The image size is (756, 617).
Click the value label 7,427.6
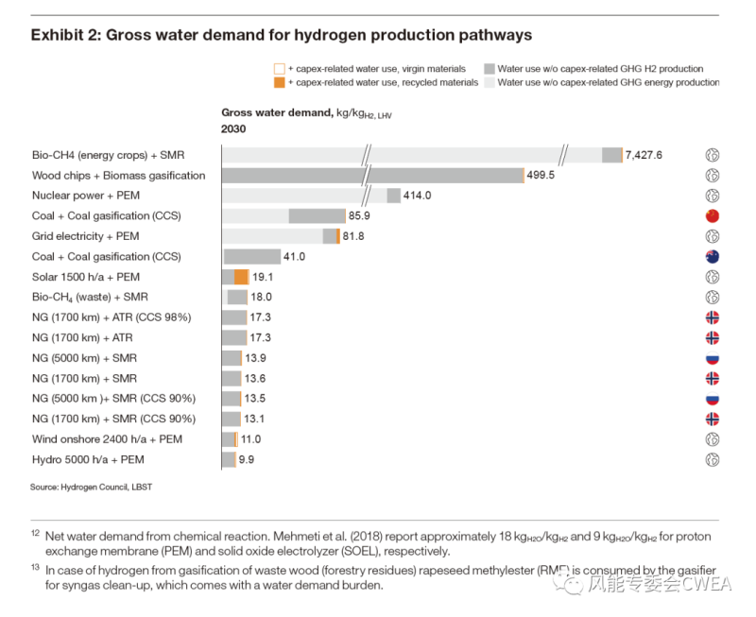coord(644,155)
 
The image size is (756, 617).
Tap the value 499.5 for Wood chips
coord(541,176)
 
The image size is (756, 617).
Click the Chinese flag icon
coord(713,215)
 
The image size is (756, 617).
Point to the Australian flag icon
coord(713,256)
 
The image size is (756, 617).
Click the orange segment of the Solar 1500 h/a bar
coord(241,277)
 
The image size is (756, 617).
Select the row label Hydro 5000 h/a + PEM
coord(88,459)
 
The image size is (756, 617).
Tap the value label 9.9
coord(247,459)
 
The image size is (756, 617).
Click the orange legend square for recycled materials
coord(279,83)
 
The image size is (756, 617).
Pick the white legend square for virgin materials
coord(279,69)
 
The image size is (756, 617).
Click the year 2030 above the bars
coord(233,129)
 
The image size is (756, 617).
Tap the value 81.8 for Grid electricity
coord(353,236)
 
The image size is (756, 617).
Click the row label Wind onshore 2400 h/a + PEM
coord(107,439)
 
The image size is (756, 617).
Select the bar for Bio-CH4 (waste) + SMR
coord(236,297)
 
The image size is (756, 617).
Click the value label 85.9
coord(359,215)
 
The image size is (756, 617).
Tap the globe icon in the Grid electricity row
coord(713,236)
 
